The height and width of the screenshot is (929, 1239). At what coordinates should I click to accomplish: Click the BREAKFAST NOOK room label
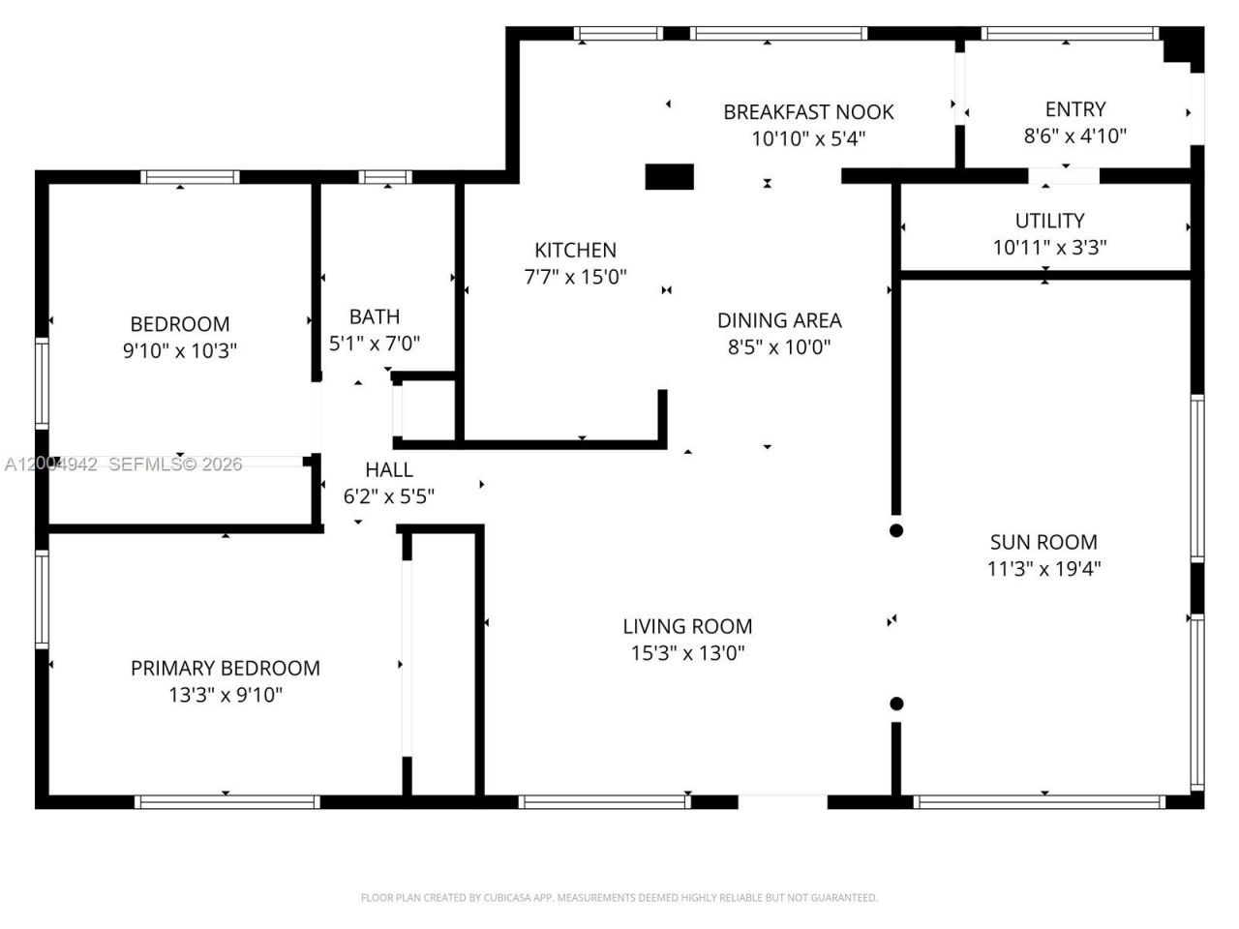[x=808, y=112]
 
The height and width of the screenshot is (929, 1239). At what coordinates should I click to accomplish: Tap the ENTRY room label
[x=1074, y=109]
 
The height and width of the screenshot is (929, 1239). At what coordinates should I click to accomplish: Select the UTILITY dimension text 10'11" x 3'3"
[x=1049, y=248]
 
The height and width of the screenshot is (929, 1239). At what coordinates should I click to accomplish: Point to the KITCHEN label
[x=575, y=250]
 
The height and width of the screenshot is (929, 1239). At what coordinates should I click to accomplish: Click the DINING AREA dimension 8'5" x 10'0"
[x=779, y=346]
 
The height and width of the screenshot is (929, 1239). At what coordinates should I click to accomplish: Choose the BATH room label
[x=374, y=316]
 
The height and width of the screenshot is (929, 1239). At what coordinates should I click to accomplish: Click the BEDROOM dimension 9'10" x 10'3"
[x=180, y=350]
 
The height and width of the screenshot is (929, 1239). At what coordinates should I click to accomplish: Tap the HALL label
[x=388, y=470]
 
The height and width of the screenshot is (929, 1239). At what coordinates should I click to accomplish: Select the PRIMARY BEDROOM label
[x=225, y=668]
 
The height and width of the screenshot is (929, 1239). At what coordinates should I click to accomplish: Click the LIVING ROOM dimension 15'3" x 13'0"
[x=687, y=653]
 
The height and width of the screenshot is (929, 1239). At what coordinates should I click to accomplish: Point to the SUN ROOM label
[x=1043, y=542]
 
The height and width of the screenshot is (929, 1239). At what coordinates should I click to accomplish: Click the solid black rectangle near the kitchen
[x=670, y=177]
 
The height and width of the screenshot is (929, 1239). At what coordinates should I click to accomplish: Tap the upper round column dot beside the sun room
[x=896, y=530]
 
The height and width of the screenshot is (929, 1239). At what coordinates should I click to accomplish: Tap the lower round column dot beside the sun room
[x=896, y=704]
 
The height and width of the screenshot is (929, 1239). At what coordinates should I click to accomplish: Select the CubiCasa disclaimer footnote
[x=619, y=898]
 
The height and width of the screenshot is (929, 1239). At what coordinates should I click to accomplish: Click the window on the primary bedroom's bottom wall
[x=227, y=801]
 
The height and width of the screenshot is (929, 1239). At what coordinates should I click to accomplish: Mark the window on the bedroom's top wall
[x=190, y=177]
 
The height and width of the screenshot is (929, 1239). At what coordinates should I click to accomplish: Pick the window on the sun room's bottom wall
[x=1039, y=801]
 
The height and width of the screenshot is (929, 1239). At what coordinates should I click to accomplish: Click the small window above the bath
[x=385, y=177]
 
